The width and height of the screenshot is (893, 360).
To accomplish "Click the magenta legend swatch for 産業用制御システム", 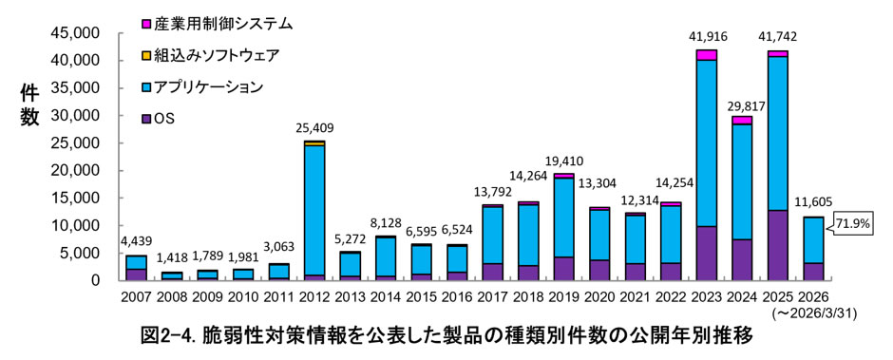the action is pyautogui.click(x=146, y=24).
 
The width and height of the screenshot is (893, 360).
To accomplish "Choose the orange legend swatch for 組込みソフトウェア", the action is pyautogui.click(x=146, y=56).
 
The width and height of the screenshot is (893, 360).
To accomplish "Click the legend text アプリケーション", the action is pyautogui.click(x=208, y=87).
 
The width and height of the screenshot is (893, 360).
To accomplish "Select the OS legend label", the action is pyautogui.click(x=163, y=119).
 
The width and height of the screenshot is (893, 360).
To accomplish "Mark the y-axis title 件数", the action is pyautogui.click(x=30, y=104).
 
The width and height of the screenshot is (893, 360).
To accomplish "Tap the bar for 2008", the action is pyautogui.click(x=171, y=276).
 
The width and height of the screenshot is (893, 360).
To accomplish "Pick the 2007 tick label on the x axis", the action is pyautogui.click(x=136, y=296).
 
